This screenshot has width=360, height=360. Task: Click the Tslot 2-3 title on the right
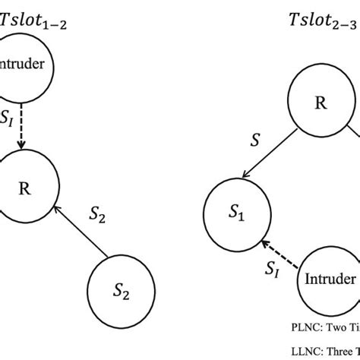[x=320, y=21]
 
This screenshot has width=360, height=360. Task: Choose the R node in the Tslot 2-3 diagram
[x=321, y=103]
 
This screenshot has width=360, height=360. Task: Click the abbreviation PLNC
[x=302, y=328]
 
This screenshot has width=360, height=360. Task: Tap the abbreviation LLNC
[x=302, y=351]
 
